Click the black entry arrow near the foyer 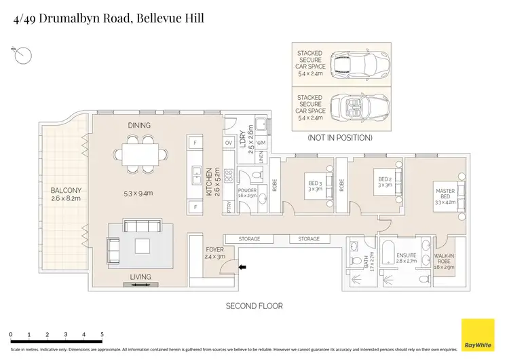tap(242, 268)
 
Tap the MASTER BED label tap(447, 196)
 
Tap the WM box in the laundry tap(261, 143)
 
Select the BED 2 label tap(385, 183)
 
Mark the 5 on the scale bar tap(102, 335)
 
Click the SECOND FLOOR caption tap(254, 306)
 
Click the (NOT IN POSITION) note tap(340, 137)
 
